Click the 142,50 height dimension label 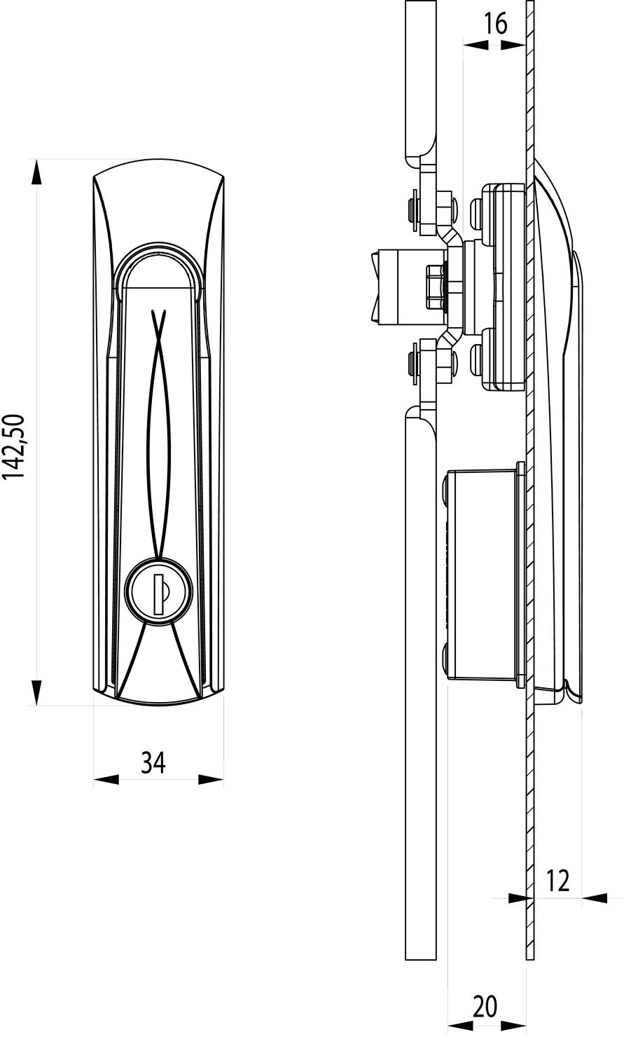pos(14,446)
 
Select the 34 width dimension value pos(153,762)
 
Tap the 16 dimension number pos(495,25)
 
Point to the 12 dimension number pos(557,880)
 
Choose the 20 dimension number pos(485,1006)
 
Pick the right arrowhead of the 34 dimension pos(212,779)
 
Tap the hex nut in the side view pos(436,286)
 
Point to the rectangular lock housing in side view pos(483,575)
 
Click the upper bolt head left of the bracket pos(412,208)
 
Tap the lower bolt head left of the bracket pos(412,362)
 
